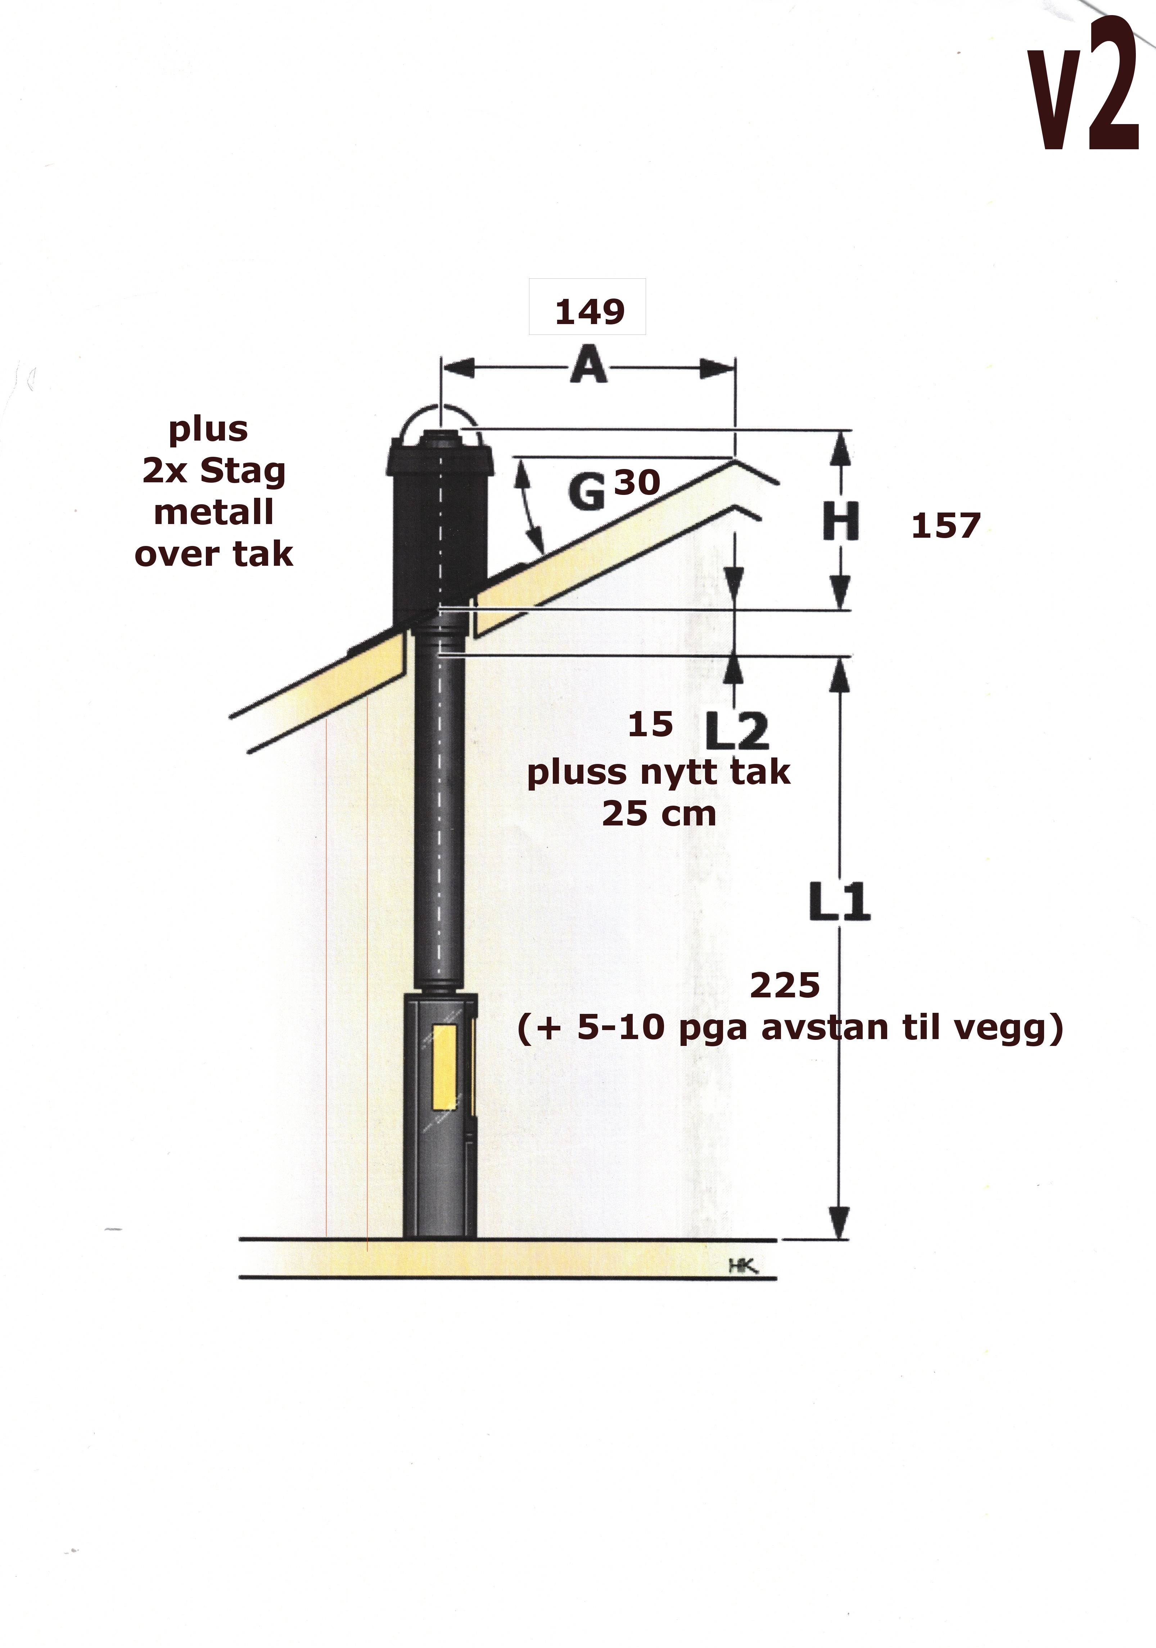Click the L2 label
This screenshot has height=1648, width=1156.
[737, 732]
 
